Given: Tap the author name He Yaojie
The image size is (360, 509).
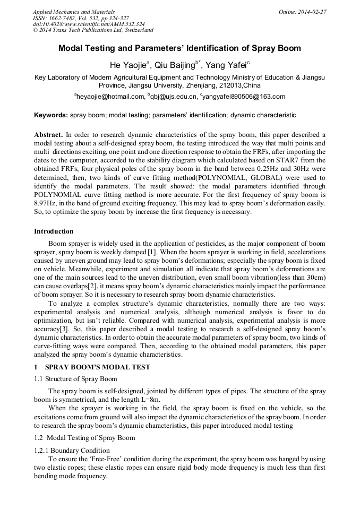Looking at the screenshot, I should click(x=128, y=65).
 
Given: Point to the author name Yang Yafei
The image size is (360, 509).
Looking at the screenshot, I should click(x=227, y=65).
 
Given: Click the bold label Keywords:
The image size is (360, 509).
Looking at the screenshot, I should click(x=51, y=115).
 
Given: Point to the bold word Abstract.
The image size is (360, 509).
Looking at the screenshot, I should click(x=48, y=135).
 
